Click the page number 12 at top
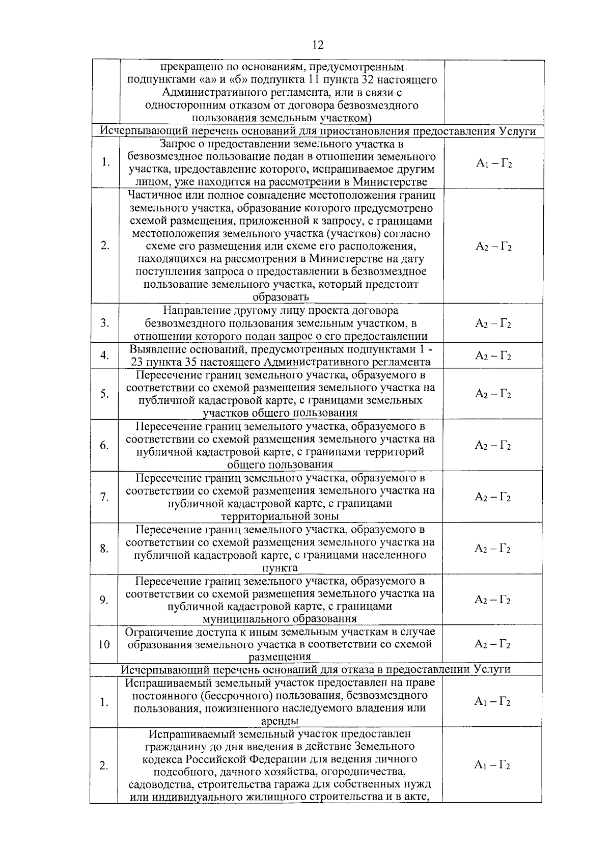click(x=317, y=45)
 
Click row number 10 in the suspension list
click(x=104, y=644)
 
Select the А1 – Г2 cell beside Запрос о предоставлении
click(x=493, y=163)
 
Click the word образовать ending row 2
click(x=281, y=297)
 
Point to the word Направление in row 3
click(x=194, y=311)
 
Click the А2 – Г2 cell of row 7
click(x=493, y=497)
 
